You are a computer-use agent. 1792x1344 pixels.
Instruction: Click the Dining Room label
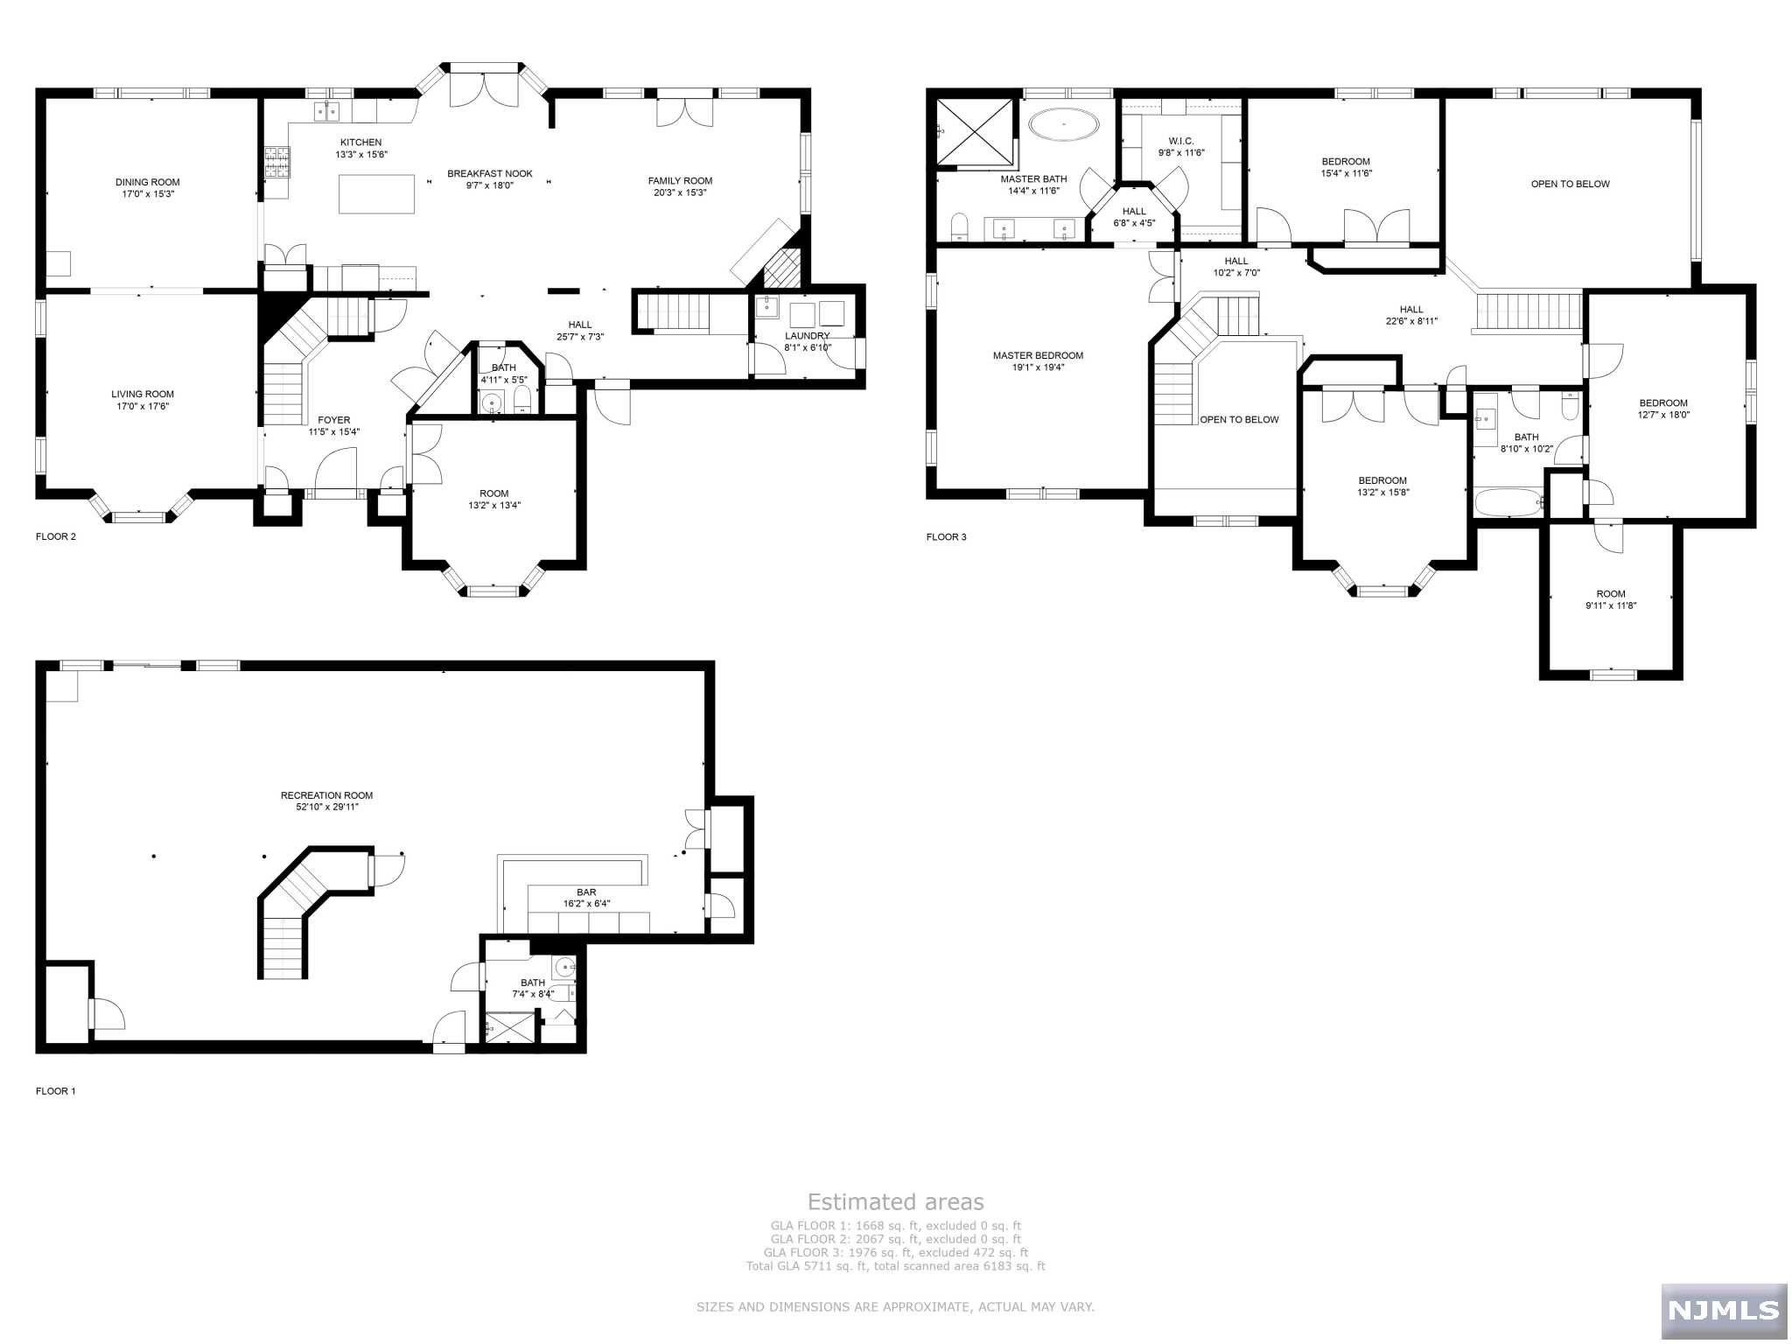[x=147, y=182]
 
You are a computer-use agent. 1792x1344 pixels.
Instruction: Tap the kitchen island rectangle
[x=377, y=193]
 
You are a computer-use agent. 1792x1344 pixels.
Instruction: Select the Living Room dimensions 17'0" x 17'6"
[x=142, y=406]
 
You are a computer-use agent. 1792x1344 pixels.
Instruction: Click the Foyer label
[x=333, y=420]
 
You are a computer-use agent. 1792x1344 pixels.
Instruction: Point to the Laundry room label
[x=807, y=336]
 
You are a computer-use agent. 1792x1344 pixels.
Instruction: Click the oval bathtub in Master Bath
[x=1064, y=125]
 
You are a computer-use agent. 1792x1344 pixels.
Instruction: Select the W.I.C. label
[x=1180, y=141]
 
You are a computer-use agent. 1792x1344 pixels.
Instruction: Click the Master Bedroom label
[x=1038, y=355]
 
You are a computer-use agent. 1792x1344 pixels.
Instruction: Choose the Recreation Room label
[x=326, y=795]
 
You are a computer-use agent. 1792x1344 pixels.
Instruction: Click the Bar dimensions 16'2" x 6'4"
[x=586, y=904]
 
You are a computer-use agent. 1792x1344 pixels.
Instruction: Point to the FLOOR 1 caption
[x=55, y=1091]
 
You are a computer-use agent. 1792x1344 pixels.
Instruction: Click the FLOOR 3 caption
[x=946, y=537]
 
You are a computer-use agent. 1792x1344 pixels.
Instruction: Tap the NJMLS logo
[x=1723, y=1310]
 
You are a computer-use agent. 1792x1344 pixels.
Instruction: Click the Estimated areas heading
[x=895, y=1202]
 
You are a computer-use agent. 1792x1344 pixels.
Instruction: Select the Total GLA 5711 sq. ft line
[x=895, y=1266]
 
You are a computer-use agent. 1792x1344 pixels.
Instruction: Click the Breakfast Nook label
[x=489, y=173]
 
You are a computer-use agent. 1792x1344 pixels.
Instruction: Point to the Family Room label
[x=680, y=181]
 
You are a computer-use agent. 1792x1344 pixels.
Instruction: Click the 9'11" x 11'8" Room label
[x=1610, y=594]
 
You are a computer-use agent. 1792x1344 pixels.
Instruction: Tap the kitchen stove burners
[x=277, y=163]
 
